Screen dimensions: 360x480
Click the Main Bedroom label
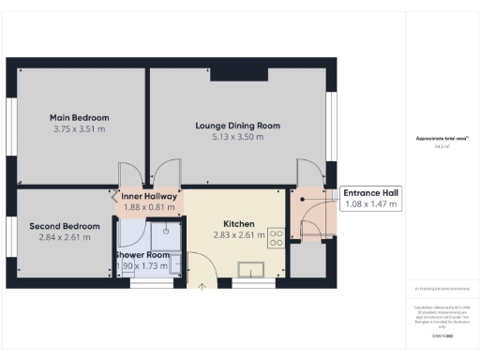tap(80, 117)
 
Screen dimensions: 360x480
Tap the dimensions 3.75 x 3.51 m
tap(80, 129)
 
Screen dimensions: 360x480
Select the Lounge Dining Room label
tap(237, 125)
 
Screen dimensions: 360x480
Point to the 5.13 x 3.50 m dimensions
tap(237, 137)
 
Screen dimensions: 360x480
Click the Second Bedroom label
tap(65, 226)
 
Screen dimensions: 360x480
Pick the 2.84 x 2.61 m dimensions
tap(65, 238)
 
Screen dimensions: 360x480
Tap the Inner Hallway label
tap(149, 196)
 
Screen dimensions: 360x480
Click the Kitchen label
tap(238, 224)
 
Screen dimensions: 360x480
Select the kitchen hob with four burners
tap(277, 238)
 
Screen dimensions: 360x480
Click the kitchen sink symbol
tap(251, 271)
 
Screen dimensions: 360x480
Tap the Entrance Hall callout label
tap(371, 192)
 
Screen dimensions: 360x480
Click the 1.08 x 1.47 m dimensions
tap(371, 204)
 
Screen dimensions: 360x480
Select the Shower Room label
tap(142, 255)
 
